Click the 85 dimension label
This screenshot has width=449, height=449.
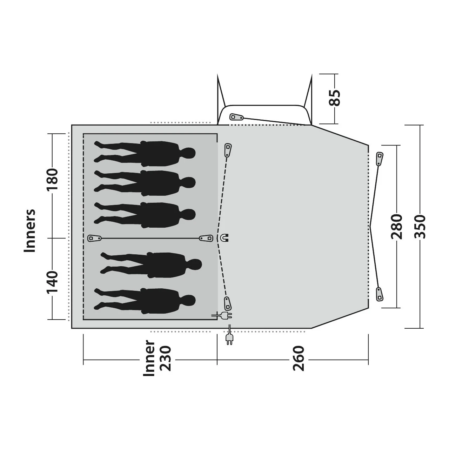(334, 98)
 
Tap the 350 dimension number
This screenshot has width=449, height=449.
(420, 227)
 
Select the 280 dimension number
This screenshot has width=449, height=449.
(396, 227)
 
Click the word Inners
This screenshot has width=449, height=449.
(29, 230)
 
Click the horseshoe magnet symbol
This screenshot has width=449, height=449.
(224, 238)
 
